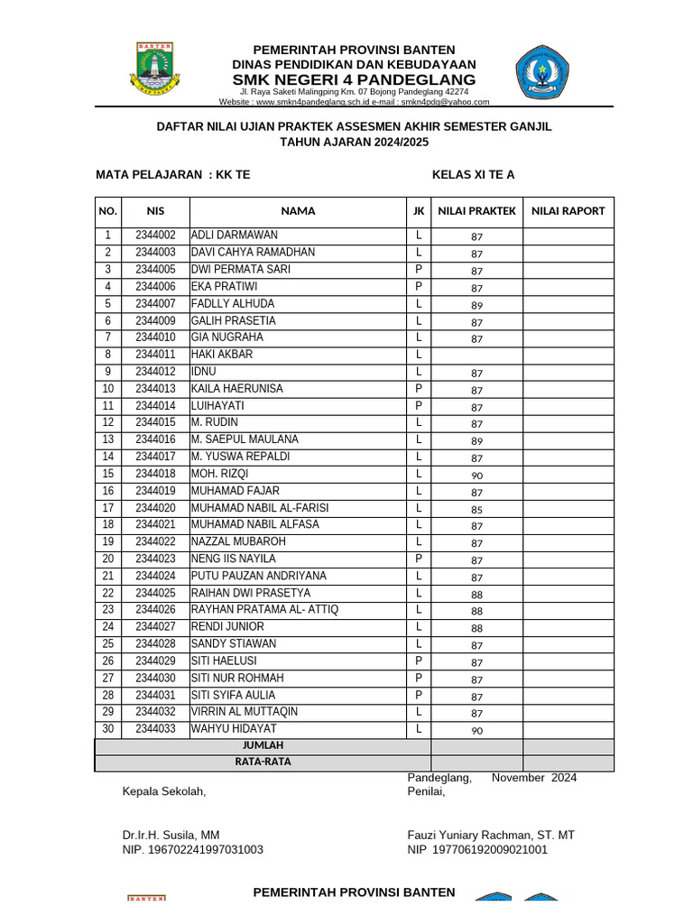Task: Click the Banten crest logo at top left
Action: point(159,68)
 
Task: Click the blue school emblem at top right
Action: point(542,72)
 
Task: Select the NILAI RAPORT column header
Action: point(568,211)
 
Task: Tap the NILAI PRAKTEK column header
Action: point(476,211)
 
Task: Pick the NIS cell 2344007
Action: point(155,304)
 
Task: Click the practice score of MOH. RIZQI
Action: point(476,475)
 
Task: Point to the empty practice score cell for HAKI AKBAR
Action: point(476,355)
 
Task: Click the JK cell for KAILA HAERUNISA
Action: point(419,389)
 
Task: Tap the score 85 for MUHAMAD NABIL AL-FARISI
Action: point(476,509)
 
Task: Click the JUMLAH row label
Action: point(263,746)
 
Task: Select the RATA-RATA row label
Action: point(263,762)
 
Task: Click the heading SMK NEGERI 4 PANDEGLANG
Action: point(354,79)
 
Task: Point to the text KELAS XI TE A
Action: point(473,175)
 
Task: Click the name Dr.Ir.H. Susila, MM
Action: point(171,836)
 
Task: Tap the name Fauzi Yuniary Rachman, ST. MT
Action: point(491,836)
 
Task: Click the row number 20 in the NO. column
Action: point(107,559)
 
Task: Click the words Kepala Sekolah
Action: point(164,792)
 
